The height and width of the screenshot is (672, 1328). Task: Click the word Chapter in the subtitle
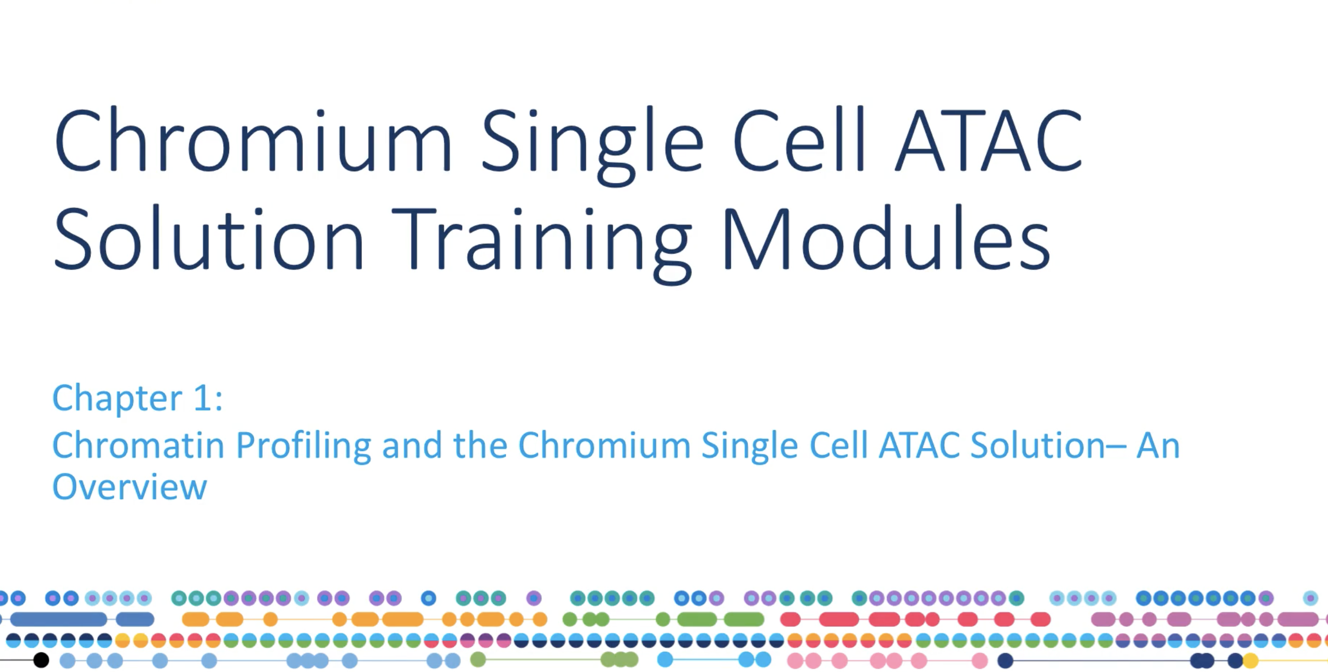coord(117,399)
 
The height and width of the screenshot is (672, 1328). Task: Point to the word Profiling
coord(304,446)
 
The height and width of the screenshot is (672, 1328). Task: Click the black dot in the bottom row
coord(41,661)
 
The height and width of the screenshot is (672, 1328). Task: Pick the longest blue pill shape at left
coord(59,619)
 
